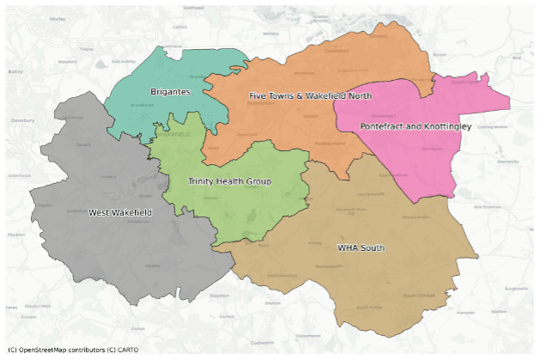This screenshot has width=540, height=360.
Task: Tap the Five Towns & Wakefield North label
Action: click(x=310, y=95)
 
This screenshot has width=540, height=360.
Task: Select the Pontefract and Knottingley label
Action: click(x=415, y=126)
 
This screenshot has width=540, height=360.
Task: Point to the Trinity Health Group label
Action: click(x=229, y=181)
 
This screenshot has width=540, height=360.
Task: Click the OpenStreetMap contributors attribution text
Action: click(x=56, y=350)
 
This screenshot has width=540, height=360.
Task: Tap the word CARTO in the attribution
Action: click(x=124, y=350)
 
